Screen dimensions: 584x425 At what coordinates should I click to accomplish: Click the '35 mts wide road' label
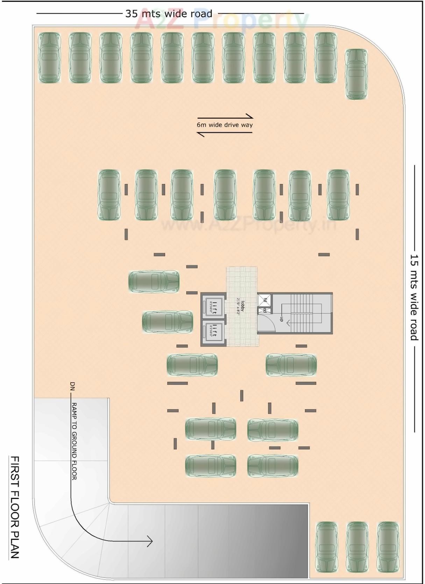tap(169, 14)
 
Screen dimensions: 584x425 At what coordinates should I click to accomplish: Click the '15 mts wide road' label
tap(414, 298)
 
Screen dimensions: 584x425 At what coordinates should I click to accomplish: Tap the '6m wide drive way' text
tap(225, 125)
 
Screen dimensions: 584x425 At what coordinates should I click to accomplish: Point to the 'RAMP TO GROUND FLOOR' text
tap(74, 441)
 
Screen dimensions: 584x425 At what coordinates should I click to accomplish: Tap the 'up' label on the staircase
tap(281, 319)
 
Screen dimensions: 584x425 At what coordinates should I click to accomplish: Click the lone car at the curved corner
tap(356, 74)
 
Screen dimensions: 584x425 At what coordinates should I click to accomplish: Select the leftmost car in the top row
tap(49, 58)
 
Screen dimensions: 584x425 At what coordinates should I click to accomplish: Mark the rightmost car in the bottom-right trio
tap(388, 547)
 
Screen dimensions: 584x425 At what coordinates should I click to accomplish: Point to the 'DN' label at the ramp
tap(73, 386)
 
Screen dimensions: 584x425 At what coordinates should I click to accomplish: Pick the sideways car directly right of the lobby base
tap(291, 365)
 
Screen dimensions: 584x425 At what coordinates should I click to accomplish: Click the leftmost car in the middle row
tap(109, 195)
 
